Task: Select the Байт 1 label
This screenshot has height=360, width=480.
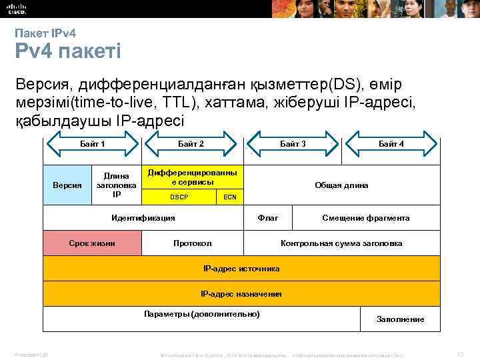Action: (93, 144)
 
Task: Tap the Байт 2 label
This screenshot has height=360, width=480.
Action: (191, 144)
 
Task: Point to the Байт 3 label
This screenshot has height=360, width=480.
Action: (293, 144)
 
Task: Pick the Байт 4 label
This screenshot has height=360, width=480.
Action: (391, 144)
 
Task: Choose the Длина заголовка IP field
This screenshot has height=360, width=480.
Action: (117, 185)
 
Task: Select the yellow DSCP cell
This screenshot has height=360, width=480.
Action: (179, 197)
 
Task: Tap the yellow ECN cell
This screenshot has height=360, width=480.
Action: (229, 197)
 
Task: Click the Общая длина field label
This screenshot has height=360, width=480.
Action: (341, 185)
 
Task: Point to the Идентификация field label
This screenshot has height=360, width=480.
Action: (143, 217)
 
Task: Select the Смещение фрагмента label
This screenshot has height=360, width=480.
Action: (366, 217)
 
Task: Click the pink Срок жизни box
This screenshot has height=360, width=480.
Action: (92, 243)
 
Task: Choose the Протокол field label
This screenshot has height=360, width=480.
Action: (192, 243)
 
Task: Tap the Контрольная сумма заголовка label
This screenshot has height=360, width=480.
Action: (341, 243)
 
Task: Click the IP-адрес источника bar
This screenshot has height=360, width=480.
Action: (241, 269)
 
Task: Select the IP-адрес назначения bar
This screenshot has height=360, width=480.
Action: (241, 293)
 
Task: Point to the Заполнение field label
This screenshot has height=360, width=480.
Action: (400, 319)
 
